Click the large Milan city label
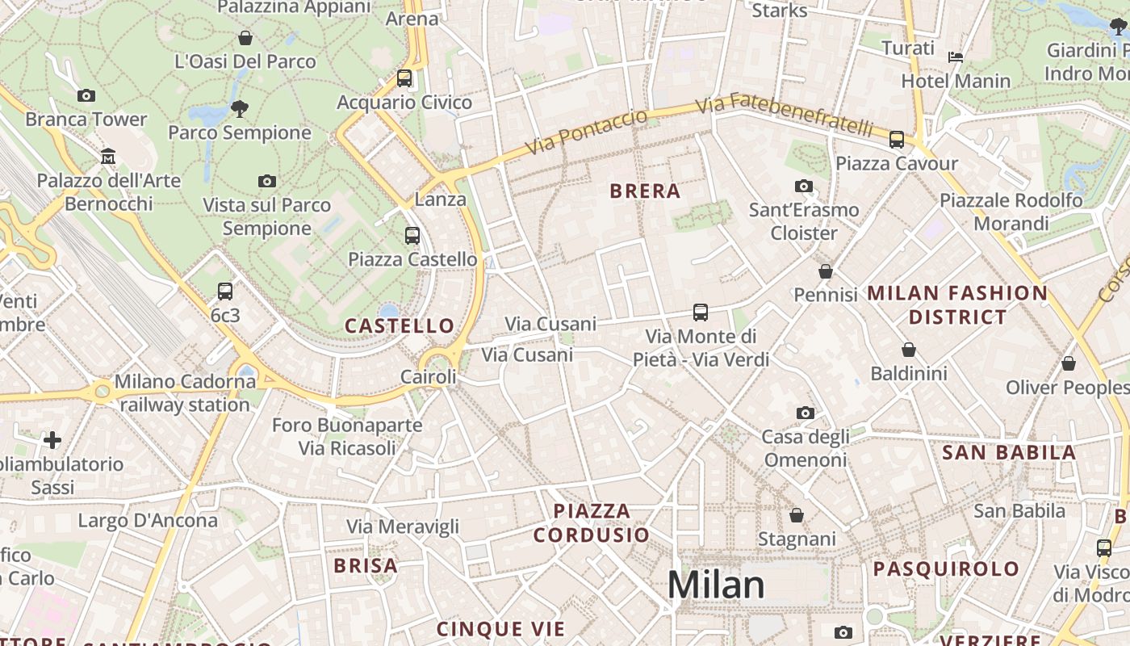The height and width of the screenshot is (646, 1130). click(716, 585)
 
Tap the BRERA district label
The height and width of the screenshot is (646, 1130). click(645, 191)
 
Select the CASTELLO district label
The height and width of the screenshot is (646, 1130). click(400, 325)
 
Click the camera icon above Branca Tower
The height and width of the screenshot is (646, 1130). click(86, 95)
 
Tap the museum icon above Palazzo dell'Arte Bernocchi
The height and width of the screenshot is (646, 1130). click(108, 156)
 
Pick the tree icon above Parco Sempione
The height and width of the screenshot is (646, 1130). click(239, 108)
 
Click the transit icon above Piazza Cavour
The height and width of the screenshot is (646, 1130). click(897, 139)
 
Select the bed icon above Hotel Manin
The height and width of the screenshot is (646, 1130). click(956, 57)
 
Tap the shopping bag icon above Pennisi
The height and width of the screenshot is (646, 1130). click(825, 271)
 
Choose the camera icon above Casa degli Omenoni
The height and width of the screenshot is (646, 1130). click(805, 413)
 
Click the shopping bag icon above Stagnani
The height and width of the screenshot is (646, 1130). click(797, 515)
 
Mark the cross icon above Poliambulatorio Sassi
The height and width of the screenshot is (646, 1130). click(52, 440)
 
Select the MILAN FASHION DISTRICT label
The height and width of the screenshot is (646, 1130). click(957, 304)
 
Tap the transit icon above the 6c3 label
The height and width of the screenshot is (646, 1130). click(225, 292)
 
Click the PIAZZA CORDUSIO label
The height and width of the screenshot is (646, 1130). click(592, 522)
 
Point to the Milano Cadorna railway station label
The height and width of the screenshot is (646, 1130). click(185, 392)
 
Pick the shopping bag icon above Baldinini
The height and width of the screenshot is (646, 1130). click(909, 350)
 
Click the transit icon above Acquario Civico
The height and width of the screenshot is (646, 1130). click(404, 78)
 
